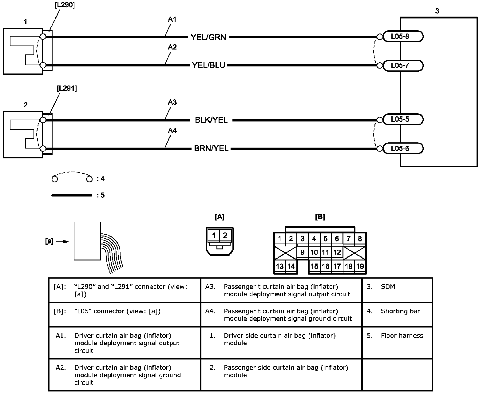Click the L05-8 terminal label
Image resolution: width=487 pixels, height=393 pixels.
tap(400, 37)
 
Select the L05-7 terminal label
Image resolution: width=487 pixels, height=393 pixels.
tap(400, 65)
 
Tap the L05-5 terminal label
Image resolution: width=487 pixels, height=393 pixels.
tap(400, 119)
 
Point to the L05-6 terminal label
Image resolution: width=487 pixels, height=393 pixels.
tap(400, 149)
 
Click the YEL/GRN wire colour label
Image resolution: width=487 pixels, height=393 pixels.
tap(208, 37)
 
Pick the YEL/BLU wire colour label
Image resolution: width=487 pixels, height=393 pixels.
tap(208, 65)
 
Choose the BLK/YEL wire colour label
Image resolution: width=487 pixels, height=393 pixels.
tap(211, 120)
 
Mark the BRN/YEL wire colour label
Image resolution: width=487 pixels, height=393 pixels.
tap(211, 149)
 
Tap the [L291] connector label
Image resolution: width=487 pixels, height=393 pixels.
tap(67, 89)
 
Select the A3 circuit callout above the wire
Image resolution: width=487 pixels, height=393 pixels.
tap(172, 102)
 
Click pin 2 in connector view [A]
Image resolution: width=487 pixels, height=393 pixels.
tap(225, 236)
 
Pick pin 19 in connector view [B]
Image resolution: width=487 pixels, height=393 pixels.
tap(360, 266)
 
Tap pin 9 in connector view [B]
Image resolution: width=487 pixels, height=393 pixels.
tap(303, 252)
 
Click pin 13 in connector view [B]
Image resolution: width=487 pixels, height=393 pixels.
tap(280, 266)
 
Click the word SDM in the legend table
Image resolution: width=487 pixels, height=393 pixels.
tap(388, 287)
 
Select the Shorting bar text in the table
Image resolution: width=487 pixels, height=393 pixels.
tap(400, 311)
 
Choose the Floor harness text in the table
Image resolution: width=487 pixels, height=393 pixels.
tap(402, 335)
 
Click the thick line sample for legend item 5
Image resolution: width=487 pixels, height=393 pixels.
tap(72, 195)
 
